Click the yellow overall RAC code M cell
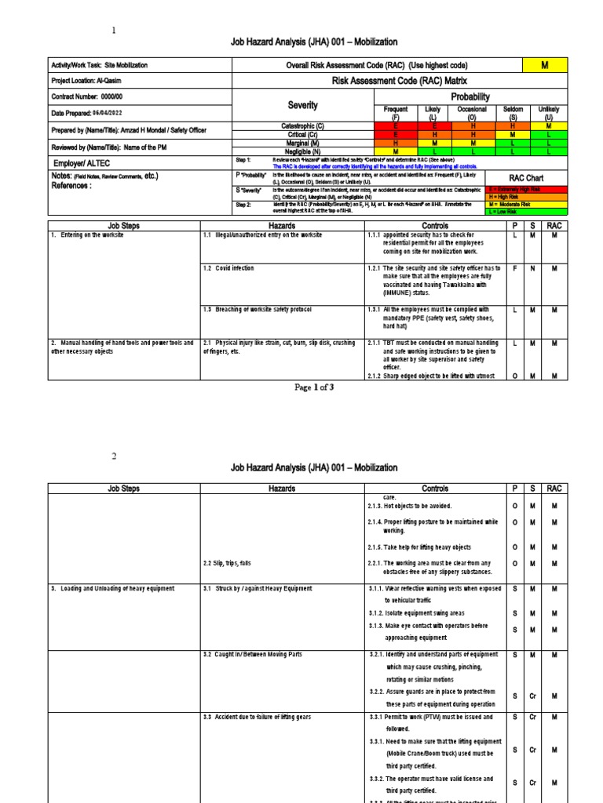click(x=545, y=66)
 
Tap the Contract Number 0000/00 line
click(x=83, y=96)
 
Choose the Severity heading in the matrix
click(x=303, y=105)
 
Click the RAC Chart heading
click(x=526, y=178)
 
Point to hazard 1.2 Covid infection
click(x=228, y=268)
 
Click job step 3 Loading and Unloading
click(x=113, y=588)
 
